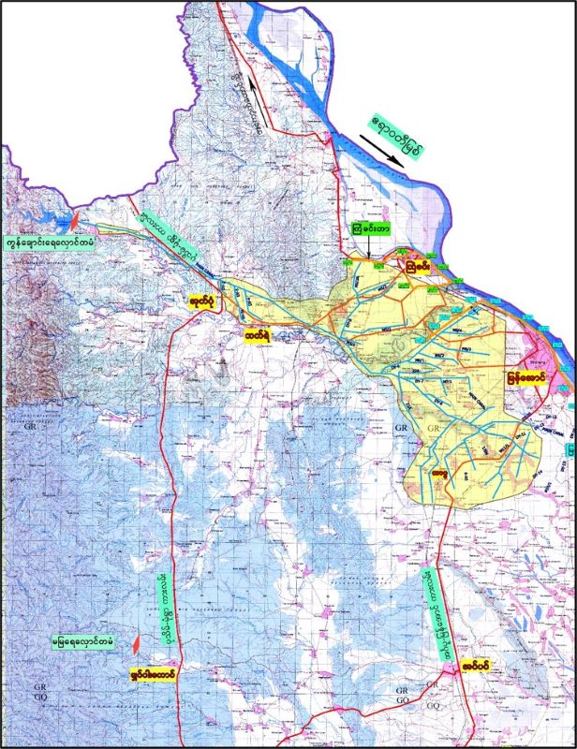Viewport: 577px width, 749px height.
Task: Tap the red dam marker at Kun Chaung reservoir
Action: click(x=75, y=222)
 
